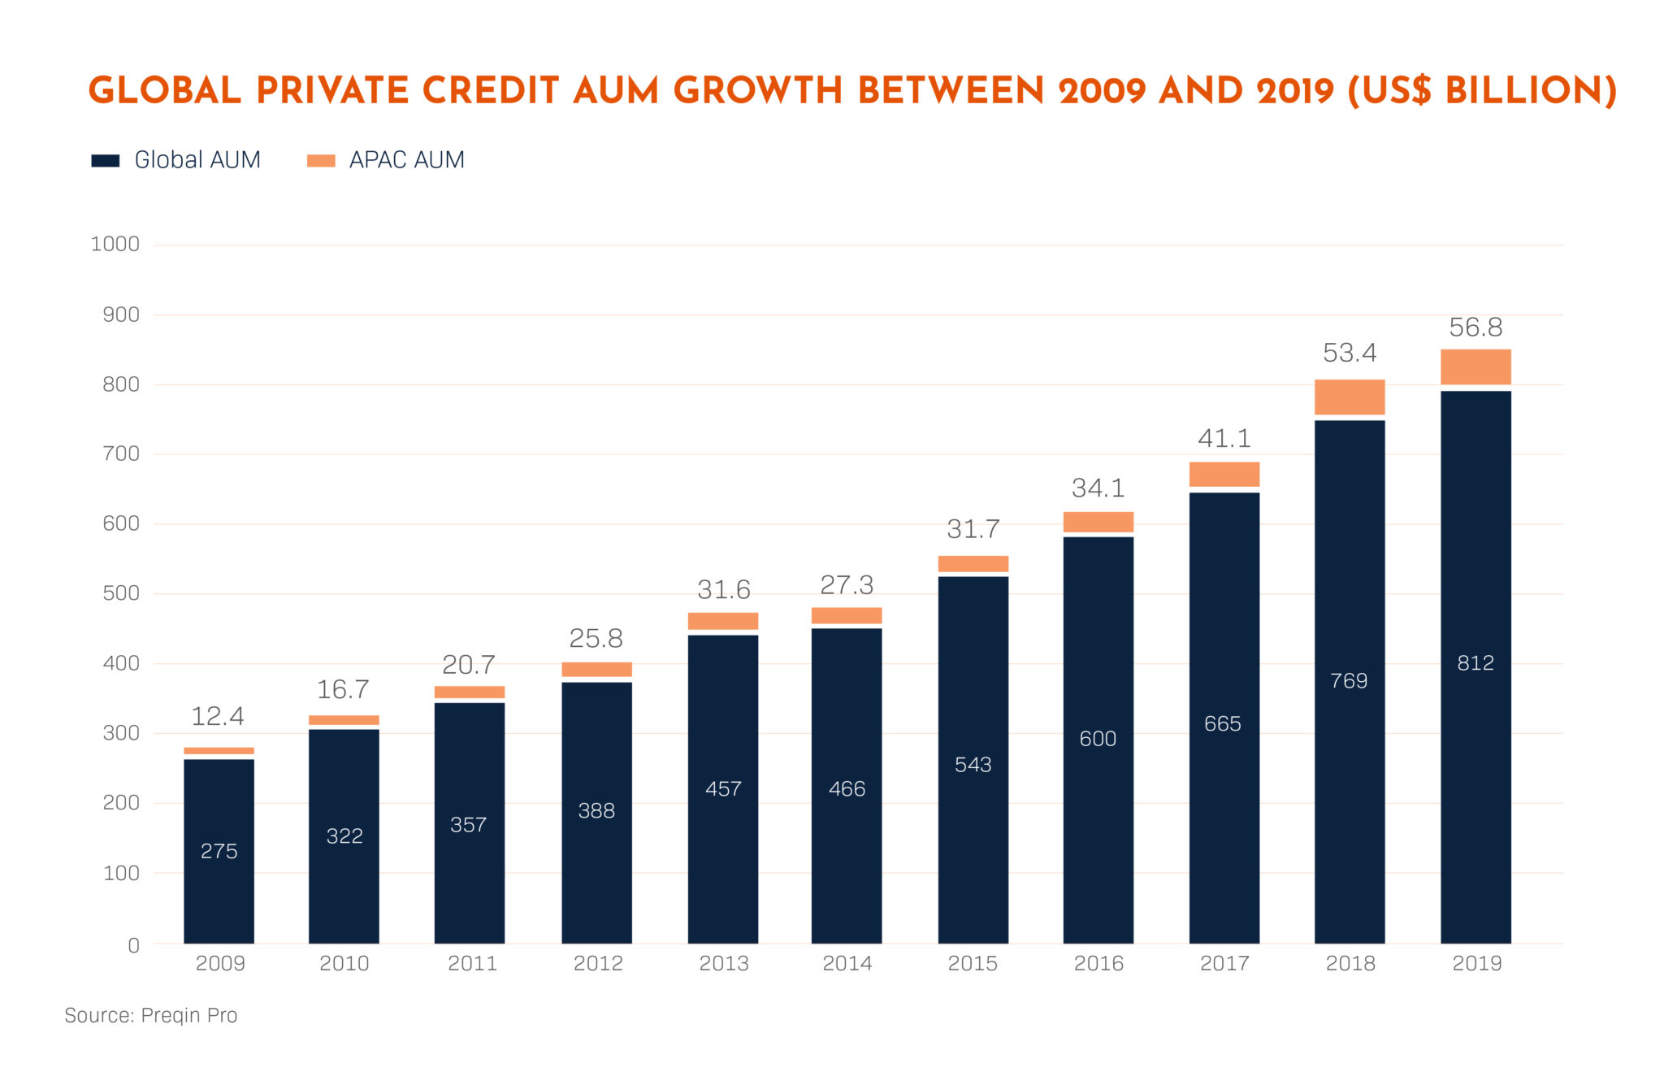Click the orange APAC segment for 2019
(x=1475, y=367)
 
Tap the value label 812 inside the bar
(x=1475, y=663)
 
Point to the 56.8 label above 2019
(x=1475, y=328)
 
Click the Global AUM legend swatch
(x=106, y=160)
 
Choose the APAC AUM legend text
(x=406, y=160)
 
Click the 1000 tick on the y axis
(x=115, y=244)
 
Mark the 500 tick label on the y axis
(x=120, y=593)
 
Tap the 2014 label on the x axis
(x=847, y=963)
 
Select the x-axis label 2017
(x=1224, y=963)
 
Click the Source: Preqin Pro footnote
(x=151, y=1015)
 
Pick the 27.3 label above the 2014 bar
(x=847, y=585)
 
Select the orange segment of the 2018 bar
(x=1349, y=397)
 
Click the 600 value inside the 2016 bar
(x=1098, y=739)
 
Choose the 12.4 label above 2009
(x=218, y=716)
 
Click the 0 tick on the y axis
(x=133, y=945)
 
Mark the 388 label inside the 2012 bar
(x=596, y=810)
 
